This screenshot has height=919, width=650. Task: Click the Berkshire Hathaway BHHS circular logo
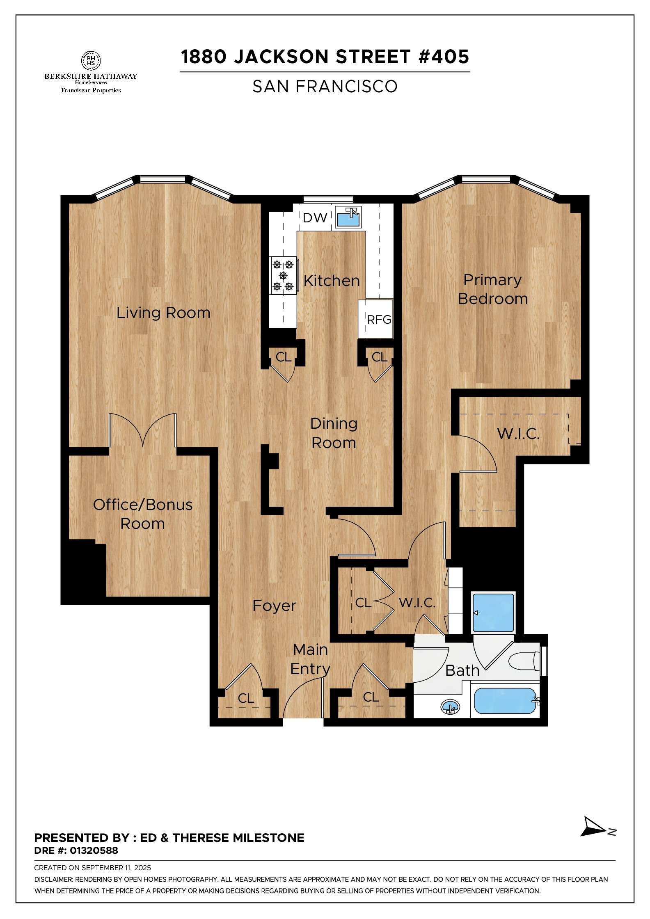(x=91, y=60)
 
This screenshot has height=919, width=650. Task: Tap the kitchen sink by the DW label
(x=348, y=217)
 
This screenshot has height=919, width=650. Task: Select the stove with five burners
(x=284, y=275)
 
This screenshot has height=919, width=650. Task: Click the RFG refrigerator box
(x=375, y=319)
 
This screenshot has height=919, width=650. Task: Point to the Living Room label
(x=163, y=313)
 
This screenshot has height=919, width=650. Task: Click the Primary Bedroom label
(x=492, y=289)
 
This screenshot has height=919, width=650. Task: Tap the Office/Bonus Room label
(x=142, y=514)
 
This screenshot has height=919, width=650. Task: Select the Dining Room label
(x=334, y=433)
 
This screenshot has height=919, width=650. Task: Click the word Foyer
(x=274, y=606)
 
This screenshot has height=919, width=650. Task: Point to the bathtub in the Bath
(x=505, y=701)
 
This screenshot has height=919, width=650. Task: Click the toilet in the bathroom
(x=524, y=661)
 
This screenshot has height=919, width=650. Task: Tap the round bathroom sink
(x=450, y=707)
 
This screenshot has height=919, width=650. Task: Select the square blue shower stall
(x=493, y=613)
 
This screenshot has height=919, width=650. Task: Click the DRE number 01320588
(x=94, y=850)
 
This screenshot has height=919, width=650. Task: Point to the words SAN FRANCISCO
(x=325, y=87)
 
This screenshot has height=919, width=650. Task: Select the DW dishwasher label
(x=315, y=218)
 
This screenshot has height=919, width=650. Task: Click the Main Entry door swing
(x=302, y=697)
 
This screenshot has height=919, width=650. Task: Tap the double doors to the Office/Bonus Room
(x=142, y=431)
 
